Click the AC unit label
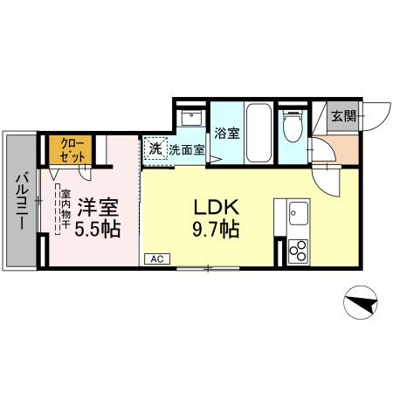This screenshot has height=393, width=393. pyautogui.click(x=158, y=259)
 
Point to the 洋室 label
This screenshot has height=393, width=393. pyautogui.click(x=96, y=210)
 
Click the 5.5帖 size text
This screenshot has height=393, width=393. pyautogui.click(x=96, y=230)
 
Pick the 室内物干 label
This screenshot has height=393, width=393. pyautogui.click(x=64, y=210)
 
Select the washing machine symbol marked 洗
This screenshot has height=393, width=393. pyautogui.click(x=155, y=148)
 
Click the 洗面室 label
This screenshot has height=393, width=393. pyautogui.click(x=187, y=149)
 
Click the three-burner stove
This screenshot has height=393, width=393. pyautogui.click(x=296, y=251)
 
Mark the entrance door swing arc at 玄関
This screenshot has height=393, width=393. pyautogui.click(x=374, y=116)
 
